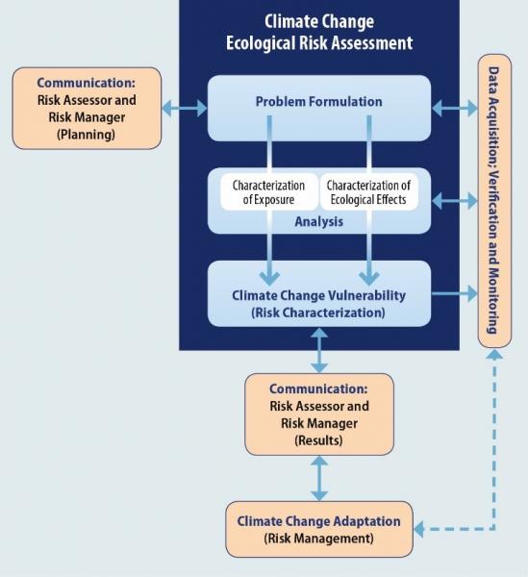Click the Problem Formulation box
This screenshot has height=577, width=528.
pos(318,102)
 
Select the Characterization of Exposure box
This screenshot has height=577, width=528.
pos(268,192)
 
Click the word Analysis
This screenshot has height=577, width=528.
pos(318,221)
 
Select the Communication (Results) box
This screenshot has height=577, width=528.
pos(318,414)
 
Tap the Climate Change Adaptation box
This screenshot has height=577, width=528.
pos(318,528)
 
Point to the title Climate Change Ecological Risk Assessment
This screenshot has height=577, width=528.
pos(318,32)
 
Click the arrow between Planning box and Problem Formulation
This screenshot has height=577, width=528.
pos(184,107)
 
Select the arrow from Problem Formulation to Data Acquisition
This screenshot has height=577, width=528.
pos(453,107)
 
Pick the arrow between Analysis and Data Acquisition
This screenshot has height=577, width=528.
pos(453,201)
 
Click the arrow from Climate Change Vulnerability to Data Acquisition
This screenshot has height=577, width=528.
pos(453,291)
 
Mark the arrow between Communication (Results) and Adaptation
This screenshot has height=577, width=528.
pos(318,477)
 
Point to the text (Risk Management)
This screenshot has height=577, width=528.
pos(318,539)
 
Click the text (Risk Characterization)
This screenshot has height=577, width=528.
pos(318,313)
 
